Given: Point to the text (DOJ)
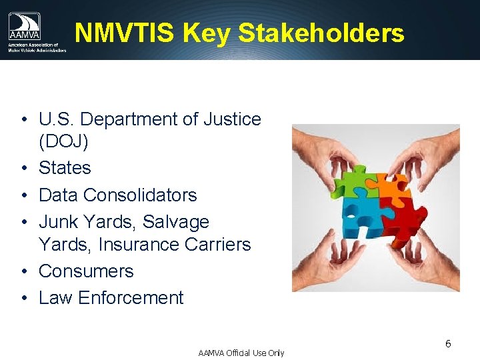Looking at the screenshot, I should pos(65,142).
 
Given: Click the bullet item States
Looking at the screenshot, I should pos(65,168).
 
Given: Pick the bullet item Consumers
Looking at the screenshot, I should pos(86,271).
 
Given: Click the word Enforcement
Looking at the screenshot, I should pos(131,298).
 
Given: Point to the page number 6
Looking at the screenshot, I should pos(448,344).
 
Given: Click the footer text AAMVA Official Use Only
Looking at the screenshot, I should pos(241,353).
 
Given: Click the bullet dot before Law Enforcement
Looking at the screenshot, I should pos(23,298).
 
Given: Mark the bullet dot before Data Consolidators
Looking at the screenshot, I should pos(23,195).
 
